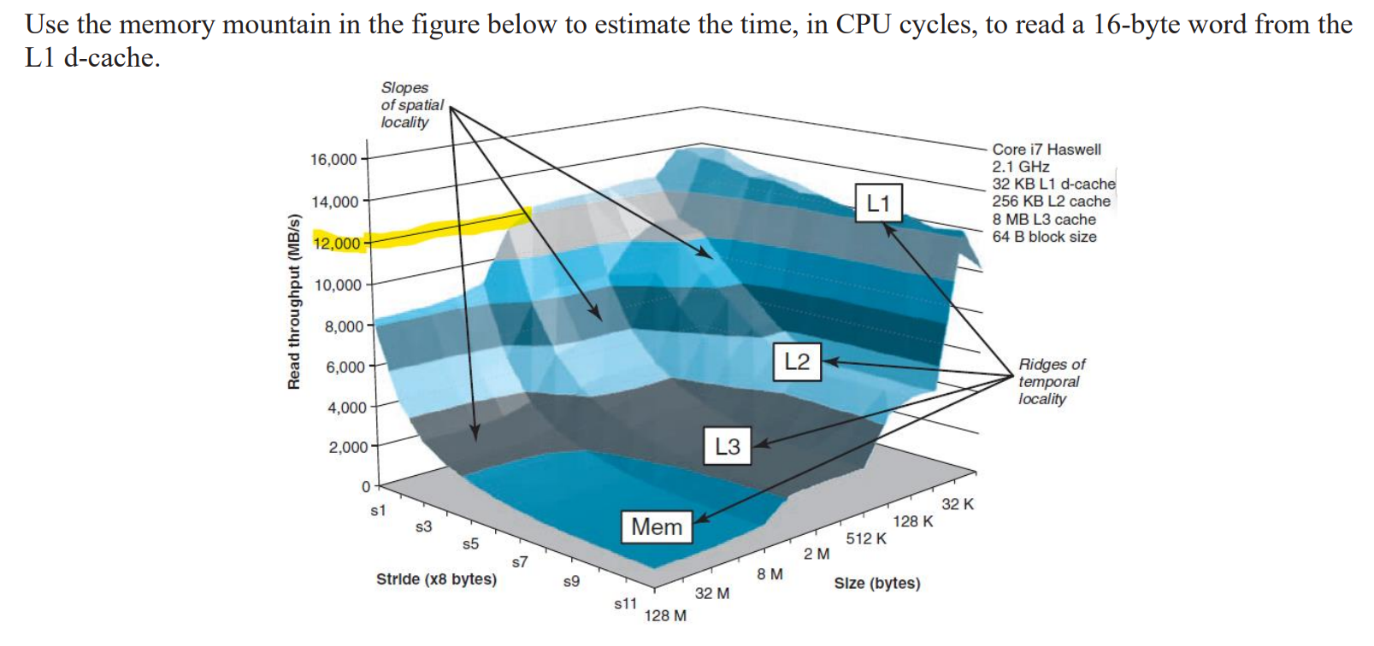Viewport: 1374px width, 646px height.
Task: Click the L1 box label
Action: point(878,203)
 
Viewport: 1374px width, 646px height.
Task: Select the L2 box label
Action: point(796,361)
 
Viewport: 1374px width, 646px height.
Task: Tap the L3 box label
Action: point(727,446)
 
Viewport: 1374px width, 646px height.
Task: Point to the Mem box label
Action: point(656,526)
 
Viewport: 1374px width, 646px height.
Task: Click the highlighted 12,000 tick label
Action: point(337,244)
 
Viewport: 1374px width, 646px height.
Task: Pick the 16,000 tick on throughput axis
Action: point(333,160)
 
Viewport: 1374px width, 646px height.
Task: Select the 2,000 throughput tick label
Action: point(348,447)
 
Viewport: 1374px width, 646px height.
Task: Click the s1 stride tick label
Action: point(378,510)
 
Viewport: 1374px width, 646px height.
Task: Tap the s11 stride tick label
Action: point(625,603)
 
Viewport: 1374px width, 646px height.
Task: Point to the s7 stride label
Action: point(520,561)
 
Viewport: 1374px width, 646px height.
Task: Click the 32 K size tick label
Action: point(958,504)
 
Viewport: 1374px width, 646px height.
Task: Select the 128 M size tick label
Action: point(665,615)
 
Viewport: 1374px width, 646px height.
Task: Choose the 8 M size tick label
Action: point(770,574)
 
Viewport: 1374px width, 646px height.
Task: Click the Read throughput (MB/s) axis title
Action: point(294,301)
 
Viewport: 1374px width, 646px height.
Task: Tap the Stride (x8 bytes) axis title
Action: point(436,579)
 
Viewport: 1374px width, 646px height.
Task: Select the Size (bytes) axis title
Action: point(876,584)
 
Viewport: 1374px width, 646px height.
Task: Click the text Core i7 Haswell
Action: point(1046,150)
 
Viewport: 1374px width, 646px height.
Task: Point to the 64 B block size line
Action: point(1044,237)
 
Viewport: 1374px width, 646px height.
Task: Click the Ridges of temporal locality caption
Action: point(1051,381)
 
